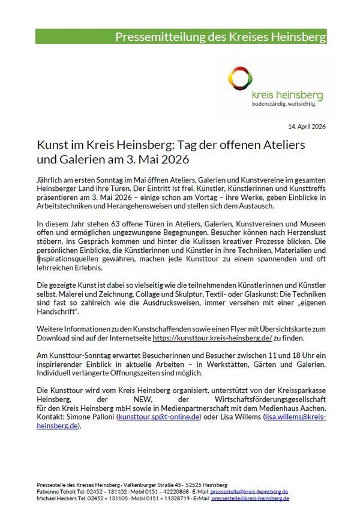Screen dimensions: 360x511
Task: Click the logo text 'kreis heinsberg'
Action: (287, 95)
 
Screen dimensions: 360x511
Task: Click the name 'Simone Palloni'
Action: (89, 416)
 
